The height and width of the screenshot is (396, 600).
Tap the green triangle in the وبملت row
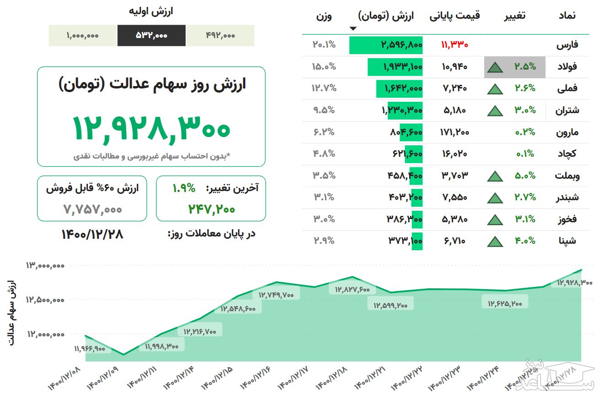tap(495, 176)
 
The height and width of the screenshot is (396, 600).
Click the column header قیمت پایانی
tap(454, 16)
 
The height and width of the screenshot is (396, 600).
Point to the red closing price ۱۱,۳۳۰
tap(454, 45)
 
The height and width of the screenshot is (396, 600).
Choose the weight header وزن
tap(324, 16)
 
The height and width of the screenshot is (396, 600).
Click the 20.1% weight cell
tap(324, 45)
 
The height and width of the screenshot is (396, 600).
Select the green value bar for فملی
tap(399, 88)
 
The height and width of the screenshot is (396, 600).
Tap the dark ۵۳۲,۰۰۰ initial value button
tap(151, 35)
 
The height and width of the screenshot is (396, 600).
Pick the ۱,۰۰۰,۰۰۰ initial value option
tap(82, 35)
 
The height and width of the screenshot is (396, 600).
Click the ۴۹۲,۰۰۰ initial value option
tap(220, 35)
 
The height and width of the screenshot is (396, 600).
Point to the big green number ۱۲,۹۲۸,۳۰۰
tap(151, 128)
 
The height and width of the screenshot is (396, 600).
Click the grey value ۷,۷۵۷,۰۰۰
tap(93, 209)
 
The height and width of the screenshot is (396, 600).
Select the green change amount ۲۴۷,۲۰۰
tap(211, 209)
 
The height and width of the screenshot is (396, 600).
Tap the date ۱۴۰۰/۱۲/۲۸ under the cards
tap(92, 234)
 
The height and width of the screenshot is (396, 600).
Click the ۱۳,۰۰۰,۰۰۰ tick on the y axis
tap(45, 265)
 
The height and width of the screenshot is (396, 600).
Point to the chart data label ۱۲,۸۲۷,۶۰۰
tap(352, 289)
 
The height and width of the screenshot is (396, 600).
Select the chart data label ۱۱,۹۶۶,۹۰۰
tap(89, 349)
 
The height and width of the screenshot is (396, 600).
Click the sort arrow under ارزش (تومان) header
tap(352, 28)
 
